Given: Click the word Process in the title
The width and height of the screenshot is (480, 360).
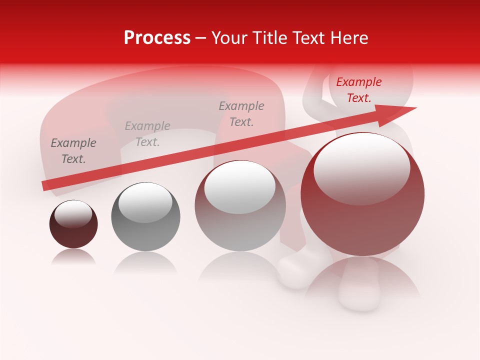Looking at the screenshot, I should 157,38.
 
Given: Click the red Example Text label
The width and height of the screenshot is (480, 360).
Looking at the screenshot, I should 358,90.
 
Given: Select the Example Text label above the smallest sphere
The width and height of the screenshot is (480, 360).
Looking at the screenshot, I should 73,151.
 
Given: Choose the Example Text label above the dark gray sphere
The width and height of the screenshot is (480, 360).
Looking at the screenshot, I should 147,134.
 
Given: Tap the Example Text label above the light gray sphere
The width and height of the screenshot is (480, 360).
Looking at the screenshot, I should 241,114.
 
